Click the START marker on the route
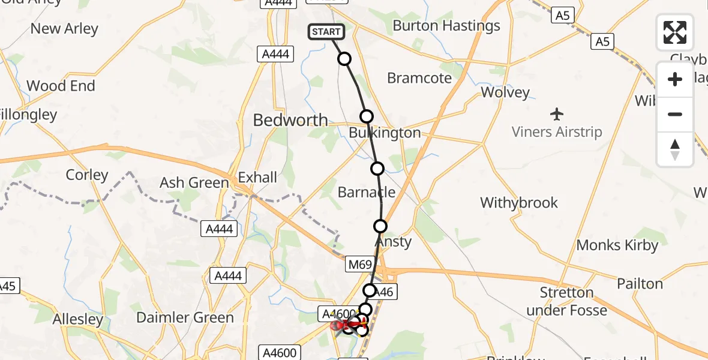click(326, 32)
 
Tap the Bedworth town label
click(290, 120)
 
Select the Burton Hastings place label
click(446, 26)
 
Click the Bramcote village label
click(419, 78)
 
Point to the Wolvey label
click(505, 92)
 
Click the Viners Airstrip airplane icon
click(557, 113)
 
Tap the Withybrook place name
click(519, 203)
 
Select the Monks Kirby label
click(617, 245)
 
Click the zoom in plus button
click(675, 79)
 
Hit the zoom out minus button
click(675, 114)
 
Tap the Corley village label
click(87, 175)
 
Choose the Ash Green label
click(194, 182)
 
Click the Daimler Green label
click(185, 317)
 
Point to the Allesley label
click(78, 319)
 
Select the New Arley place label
click(64, 28)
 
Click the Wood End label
click(61, 86)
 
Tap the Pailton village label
click(640, 284)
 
